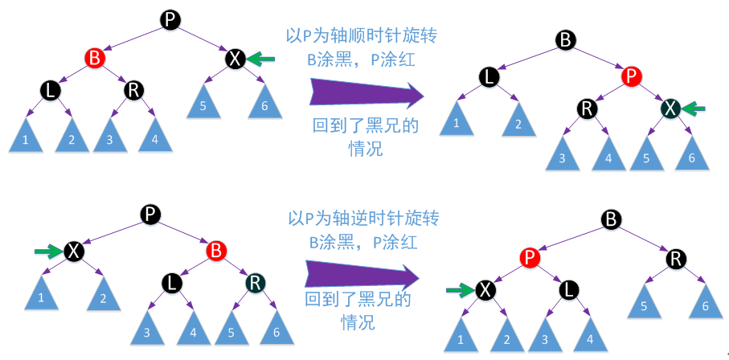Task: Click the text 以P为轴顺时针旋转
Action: point(363,36)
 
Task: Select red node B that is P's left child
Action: point(95,58)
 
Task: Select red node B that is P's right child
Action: point(215,251)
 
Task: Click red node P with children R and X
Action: point(632,77)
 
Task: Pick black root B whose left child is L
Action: point(566,39)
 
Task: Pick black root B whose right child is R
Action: point(612,219)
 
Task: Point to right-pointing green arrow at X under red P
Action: point(458,289)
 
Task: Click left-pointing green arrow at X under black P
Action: point(261,58)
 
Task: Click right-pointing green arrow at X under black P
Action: point(47,252)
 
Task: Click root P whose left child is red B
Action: point(169,20)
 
